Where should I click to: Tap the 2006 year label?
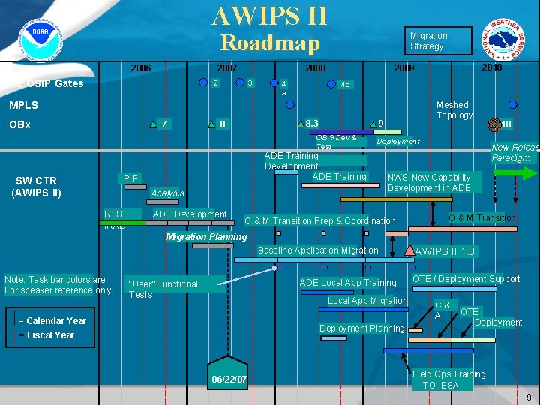(x=141, y=68)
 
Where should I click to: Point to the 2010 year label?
(x=492, y=67)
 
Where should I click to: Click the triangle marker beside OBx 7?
(x=153, y=124)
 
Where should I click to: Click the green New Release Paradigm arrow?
(x=514, y=173)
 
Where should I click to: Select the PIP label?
(x=131, y=179)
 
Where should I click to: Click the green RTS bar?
(x=124, y=217)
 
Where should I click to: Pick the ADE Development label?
(x=189, y=214)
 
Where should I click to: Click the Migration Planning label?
(x=205, y=237)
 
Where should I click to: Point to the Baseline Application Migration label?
(x=318, y=250)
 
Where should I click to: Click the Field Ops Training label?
(x=448, y=379)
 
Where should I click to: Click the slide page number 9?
(x=529, y=397)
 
